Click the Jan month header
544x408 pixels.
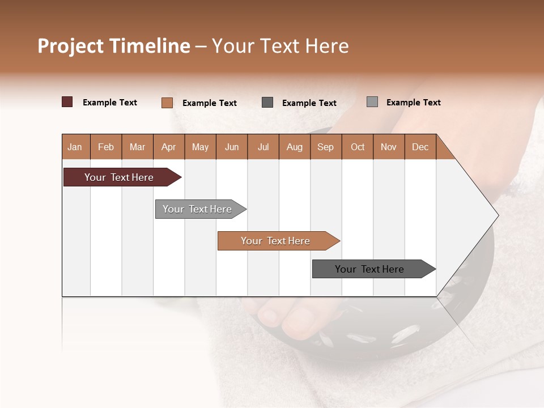coord(75,147)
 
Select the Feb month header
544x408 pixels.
coord(106,147)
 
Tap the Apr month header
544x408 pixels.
coord(168,147)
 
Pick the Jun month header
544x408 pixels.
coord(232,147)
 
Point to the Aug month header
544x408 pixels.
coord(294,147)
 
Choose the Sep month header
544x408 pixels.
coord(325,147)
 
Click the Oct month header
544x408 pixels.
coord(358,147)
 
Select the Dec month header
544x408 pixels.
coord(420,147)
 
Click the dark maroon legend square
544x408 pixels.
coord(67,102)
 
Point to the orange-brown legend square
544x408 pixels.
coord(167,103)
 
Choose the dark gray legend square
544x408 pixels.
coord(267,103)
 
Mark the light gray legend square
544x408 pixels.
coord(372,102)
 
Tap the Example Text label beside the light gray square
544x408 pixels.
coord(413,103)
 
